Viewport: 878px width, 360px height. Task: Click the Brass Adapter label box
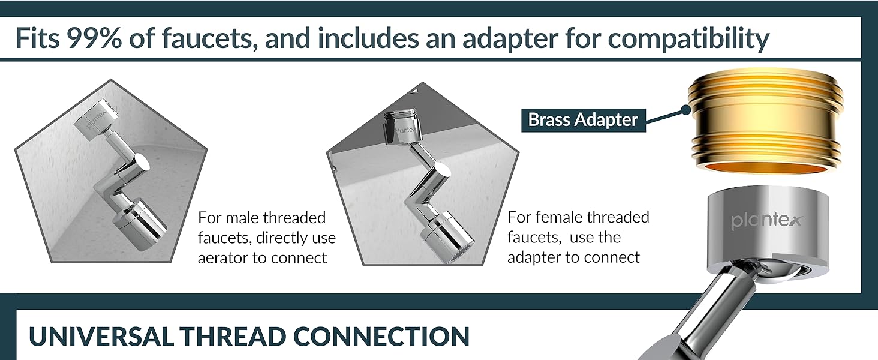pyautogui.click(x=584, y=120)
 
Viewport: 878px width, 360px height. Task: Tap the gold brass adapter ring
pyautogui.click(x=765, y=122)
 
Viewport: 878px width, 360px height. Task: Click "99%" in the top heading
pyautogui.click(x=94, y=38)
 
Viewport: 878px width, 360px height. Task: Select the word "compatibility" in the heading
pyautogui.click(x=689, y=39)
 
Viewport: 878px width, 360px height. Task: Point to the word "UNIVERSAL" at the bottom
pyautogui.click(x=101, y=337)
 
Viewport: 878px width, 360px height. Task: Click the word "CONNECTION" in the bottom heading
pyautogui.click(x=381, y=337)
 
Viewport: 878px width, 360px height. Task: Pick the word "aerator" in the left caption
pyautogui.click(x=223, y=258)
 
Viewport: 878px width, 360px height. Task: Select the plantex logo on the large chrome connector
pyautogui.click(x=766, y=221)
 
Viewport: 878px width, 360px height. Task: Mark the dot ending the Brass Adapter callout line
pyautogui.click(x=685, y=110)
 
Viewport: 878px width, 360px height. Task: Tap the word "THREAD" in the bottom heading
pyautogui.click(x=234, y=337)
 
